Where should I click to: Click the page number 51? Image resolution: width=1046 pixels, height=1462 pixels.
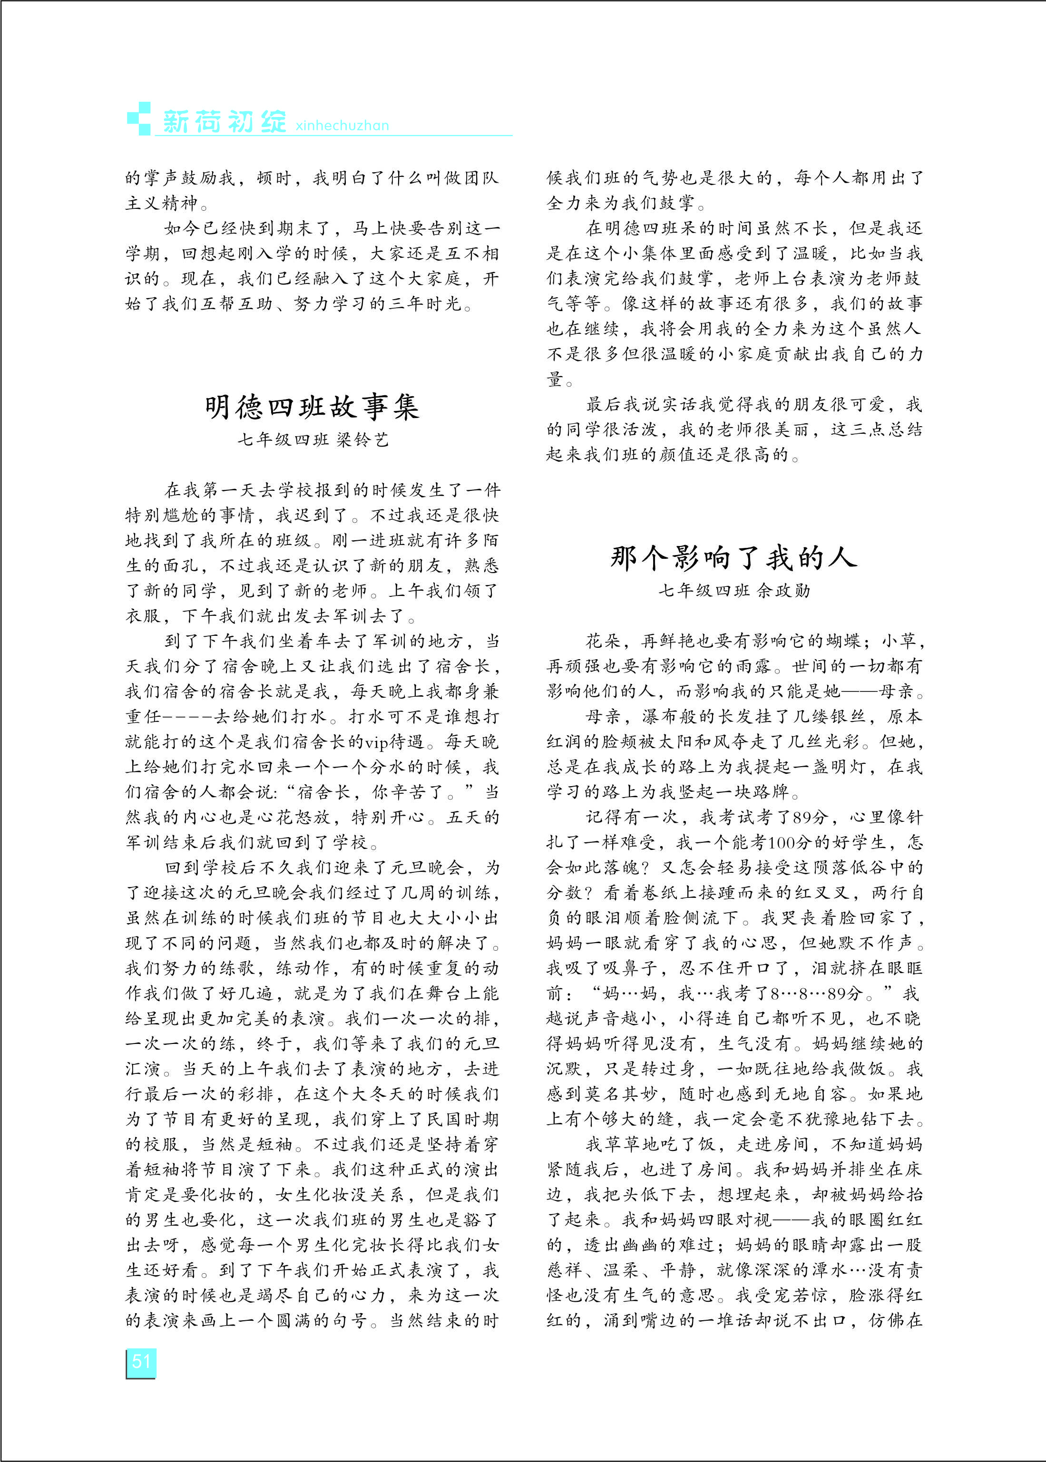click(140, 1362)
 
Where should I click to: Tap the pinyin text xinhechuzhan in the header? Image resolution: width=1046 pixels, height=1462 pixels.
click(342, 126)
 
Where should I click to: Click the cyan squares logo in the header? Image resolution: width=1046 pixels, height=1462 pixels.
click(139, 118)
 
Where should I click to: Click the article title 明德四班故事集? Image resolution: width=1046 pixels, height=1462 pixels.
click(313, 407)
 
